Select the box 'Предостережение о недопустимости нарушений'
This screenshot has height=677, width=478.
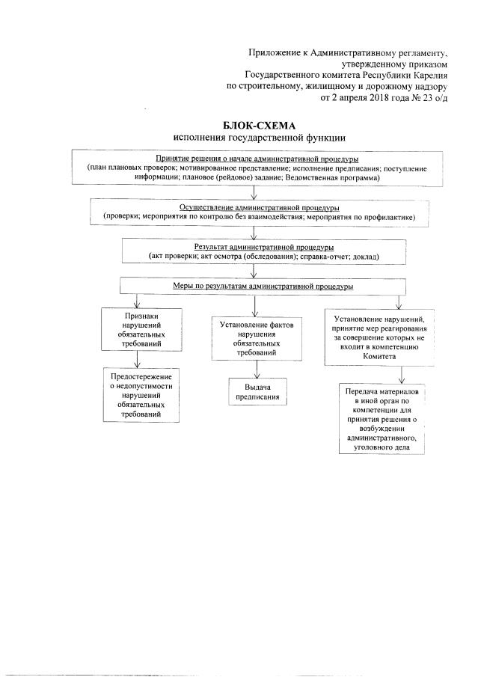point(141,395)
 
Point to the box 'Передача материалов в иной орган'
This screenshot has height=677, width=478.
point(382,420)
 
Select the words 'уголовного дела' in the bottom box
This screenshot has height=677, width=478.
point(382,447)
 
